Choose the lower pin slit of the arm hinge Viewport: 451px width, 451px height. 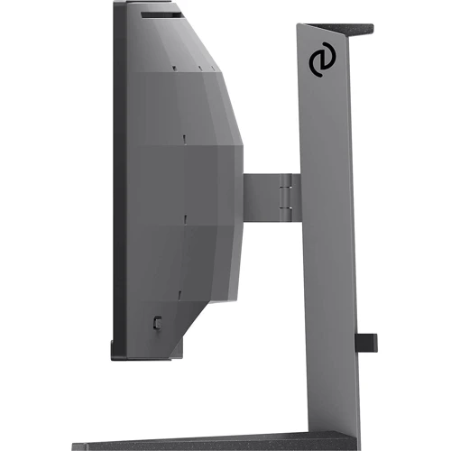coord(286,207)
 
